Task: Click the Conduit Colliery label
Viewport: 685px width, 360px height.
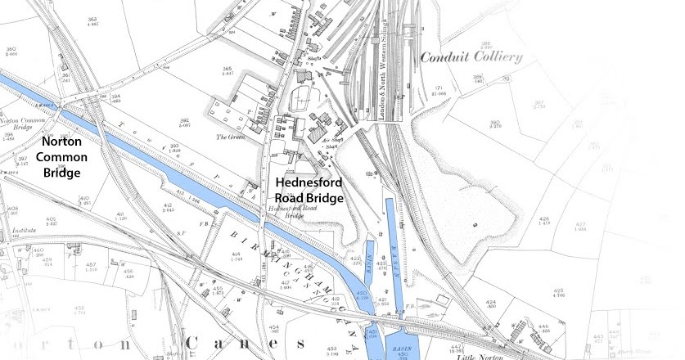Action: (471, 57)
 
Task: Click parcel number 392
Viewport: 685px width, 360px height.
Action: (184, 120)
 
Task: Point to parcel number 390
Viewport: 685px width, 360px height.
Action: (494, 122)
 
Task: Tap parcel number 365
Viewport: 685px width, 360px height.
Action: (228, 69)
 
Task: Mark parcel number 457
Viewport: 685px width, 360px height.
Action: (90, 265)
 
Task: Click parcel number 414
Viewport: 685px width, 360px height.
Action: (236, 255)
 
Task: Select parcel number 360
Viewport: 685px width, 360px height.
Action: (11, 49)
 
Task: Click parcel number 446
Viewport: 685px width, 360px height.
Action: (543, 325)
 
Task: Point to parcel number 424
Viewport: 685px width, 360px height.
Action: (490, 303)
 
